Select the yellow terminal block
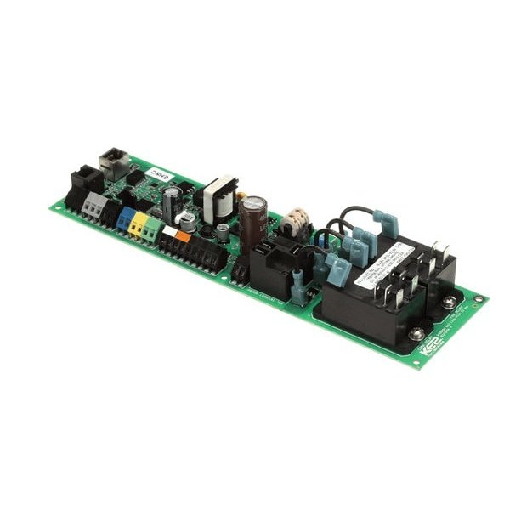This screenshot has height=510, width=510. (138, 224)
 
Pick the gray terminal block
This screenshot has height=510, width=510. (93, 205)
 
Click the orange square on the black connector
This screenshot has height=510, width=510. (183, 236)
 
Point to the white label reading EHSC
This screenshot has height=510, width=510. (159, 175)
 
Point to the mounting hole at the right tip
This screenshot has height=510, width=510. (479, 298)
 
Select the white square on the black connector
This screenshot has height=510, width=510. (170, 231)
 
